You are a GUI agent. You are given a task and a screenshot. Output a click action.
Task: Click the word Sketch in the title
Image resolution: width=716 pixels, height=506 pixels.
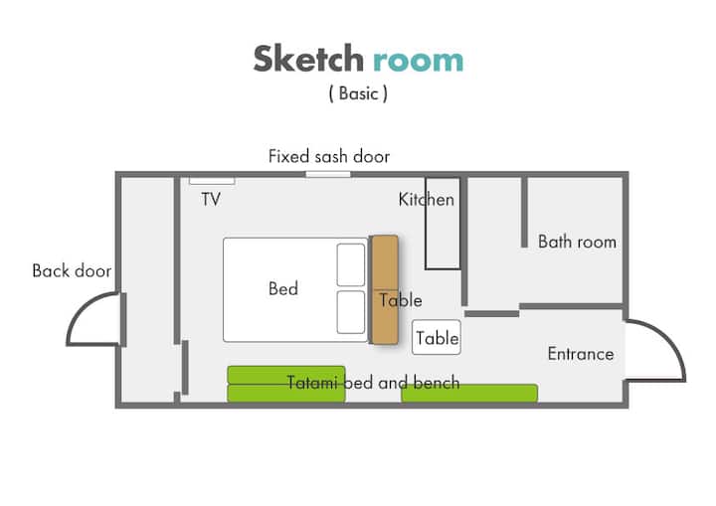pyautogui.click(x=308, y=59)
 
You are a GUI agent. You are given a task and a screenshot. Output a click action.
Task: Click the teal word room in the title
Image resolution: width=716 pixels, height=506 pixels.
pyautogui.click(x=419, y=62)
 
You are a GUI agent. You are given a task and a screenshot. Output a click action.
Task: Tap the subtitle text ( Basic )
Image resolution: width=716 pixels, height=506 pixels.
pyautogui.click(x=358, y=93)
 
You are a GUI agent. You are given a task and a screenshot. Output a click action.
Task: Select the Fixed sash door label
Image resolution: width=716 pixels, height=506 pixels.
pyautogui.click(x=329, y=156)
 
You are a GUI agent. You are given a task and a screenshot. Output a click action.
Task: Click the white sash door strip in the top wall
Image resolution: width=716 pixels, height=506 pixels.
pyautogui.click(x=328, y=174)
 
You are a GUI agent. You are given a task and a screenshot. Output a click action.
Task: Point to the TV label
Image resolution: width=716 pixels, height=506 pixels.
pyautogui.click(x=211, y=199)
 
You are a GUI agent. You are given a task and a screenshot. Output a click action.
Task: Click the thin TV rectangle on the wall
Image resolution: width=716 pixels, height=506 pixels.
pyautogui.click(x=212, y=181)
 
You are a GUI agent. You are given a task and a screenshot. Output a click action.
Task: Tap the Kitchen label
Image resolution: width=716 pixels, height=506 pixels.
pyautogui.click(x=426, y=200)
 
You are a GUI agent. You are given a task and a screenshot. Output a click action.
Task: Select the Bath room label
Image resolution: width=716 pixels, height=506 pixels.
pyautogui.click(x=577, y=242)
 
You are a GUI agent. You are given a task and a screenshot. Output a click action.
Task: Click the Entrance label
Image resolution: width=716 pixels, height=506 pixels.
pyautogui.click(x=581, y=354)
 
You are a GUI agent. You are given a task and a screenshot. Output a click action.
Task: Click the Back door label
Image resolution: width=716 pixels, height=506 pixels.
pyautogui.click(x=72, y=270)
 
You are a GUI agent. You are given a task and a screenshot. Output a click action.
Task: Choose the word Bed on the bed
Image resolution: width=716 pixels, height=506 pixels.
pyautogui.click(x=283, y=288)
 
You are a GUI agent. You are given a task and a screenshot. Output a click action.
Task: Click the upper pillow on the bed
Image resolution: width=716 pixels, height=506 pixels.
pyautogui.click(x=351, y=264)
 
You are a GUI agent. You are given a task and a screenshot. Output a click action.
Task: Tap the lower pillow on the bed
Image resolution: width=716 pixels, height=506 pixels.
pyautogui.click(x=351, y=312)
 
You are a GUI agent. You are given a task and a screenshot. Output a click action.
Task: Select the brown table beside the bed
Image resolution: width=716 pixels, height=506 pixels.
pyautogui.click(x=385, y=289)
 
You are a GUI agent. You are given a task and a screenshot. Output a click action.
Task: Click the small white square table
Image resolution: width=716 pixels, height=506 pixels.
pyautogui.click(x=437, y=337)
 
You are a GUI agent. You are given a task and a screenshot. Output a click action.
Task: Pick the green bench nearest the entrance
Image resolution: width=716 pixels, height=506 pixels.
pyautogui.click(x=469, y=394)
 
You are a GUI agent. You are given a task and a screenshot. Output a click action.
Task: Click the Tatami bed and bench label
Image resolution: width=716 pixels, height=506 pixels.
pyautogui.click(x=373, y=383)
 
